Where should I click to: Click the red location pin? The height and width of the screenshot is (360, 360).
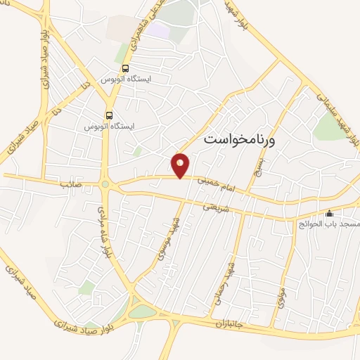click(181, 165)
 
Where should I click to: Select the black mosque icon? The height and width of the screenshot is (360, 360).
click(329, 213)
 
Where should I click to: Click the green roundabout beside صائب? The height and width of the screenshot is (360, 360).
click(105, 185)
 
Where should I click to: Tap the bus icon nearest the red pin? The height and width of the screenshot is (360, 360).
click(109, 114)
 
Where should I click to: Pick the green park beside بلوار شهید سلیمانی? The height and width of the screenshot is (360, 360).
click(327, 127)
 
